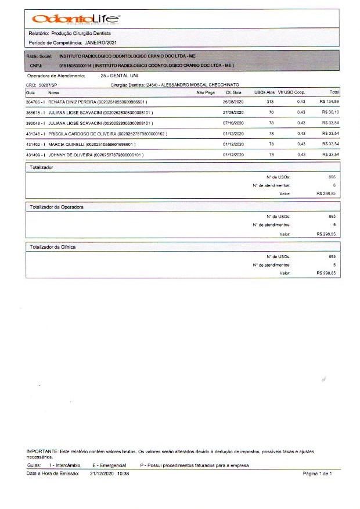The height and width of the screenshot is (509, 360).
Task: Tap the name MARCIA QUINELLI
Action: coord(69,144)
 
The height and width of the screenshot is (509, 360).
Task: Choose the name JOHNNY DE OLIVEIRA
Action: coord(70,155)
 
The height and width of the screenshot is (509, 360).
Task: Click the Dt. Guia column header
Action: coord(233,92)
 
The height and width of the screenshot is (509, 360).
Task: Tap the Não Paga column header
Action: coord(206,92)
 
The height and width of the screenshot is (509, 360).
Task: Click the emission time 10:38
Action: coord(123,474)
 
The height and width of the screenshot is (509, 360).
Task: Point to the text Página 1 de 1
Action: coord(317,474)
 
